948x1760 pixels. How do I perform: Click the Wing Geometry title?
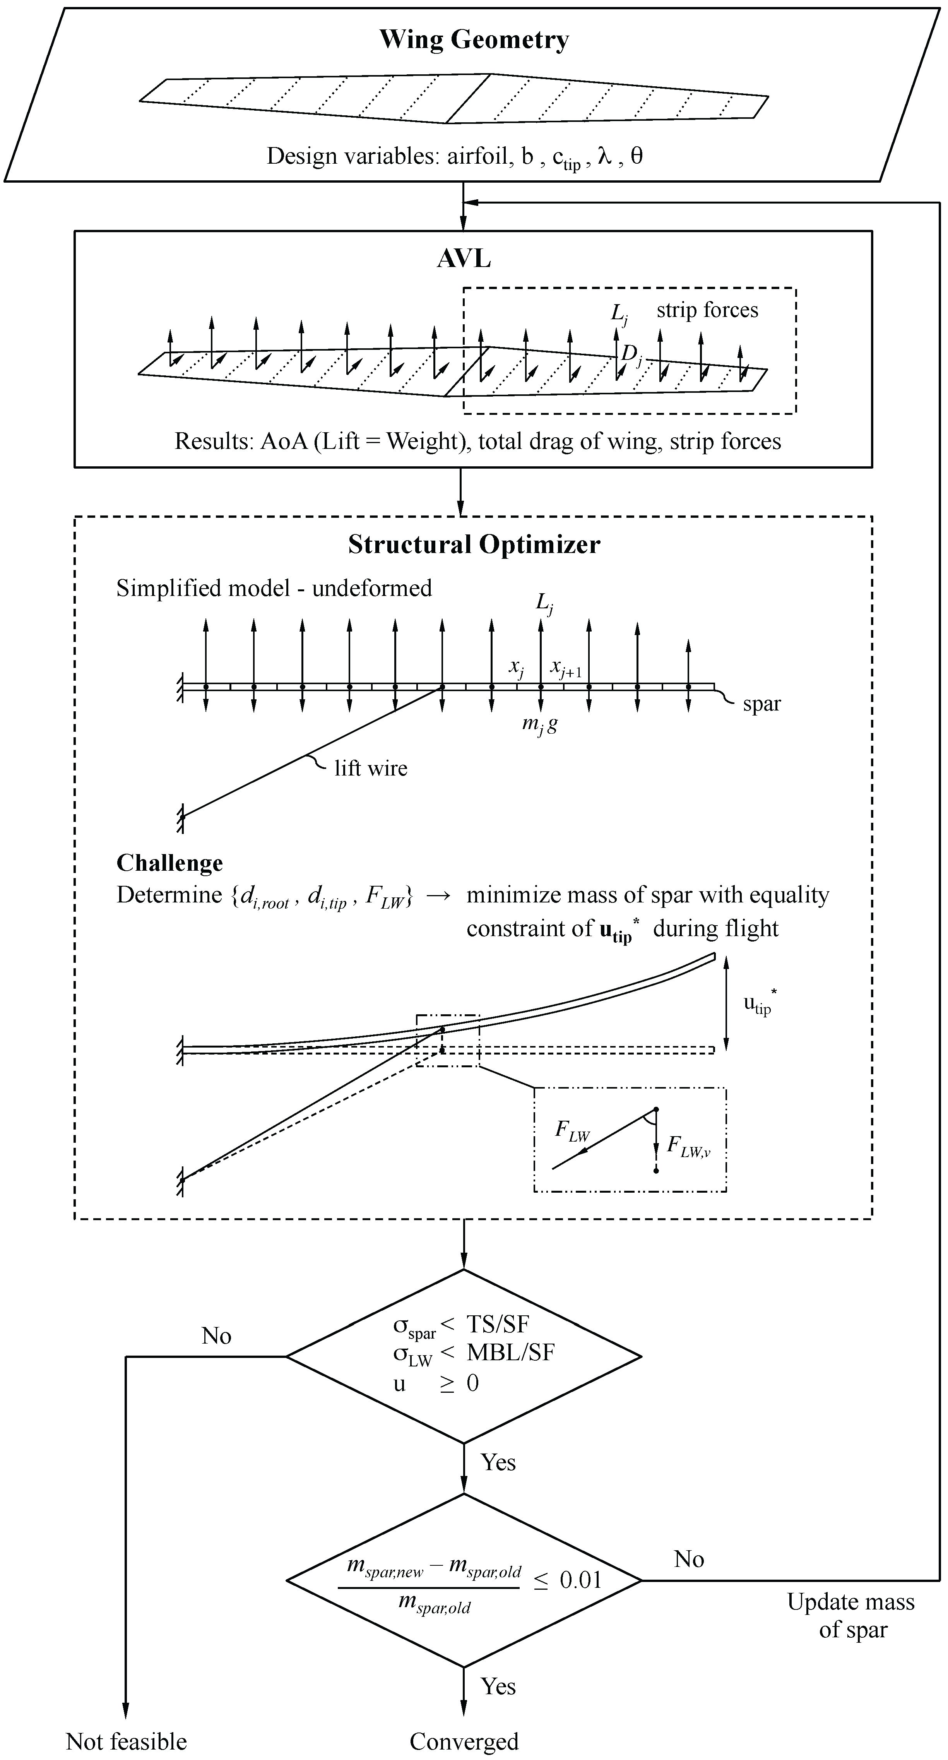(x=474, y=39)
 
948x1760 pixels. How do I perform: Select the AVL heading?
(x=464, y=259)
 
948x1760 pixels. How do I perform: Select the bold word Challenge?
(x=169, y=863)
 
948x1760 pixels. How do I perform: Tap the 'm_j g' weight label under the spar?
(x=539, y=724)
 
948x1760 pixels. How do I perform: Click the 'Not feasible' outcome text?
(x=127, y=1741)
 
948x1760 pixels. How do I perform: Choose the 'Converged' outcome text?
(x=464, y=1741)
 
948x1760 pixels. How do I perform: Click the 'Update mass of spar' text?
(x=851, y=1616)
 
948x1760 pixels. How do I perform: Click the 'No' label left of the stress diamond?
(x=217, y=1336)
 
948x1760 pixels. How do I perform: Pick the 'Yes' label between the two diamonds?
(x=498, y=1462)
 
